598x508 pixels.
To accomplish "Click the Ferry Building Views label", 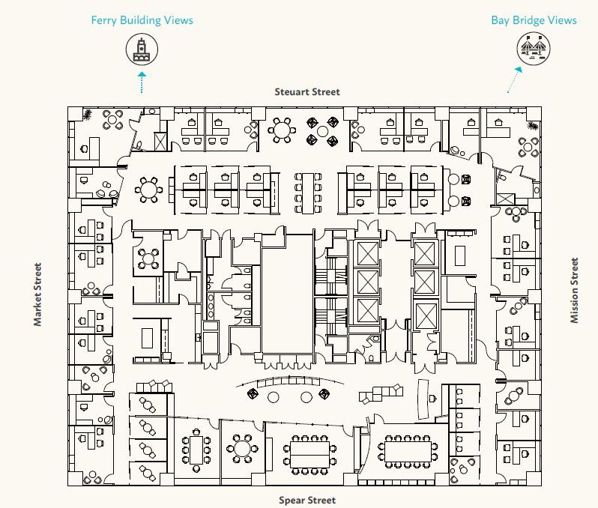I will coord(142,19).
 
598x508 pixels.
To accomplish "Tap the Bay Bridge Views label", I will coord(534,19).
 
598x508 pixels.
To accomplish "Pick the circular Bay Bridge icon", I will coord(534,49).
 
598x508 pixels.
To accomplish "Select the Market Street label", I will coord(37,294).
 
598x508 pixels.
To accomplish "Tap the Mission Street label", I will coord(575,290).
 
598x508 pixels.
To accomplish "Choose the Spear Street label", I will coord(307,500).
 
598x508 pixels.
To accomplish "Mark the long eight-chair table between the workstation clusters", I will coord(309,190).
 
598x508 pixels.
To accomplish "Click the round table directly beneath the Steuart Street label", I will coord(282,129).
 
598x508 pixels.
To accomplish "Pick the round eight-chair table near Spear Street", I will coord(242,449).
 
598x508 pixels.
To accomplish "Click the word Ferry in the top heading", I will coord(104,19).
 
